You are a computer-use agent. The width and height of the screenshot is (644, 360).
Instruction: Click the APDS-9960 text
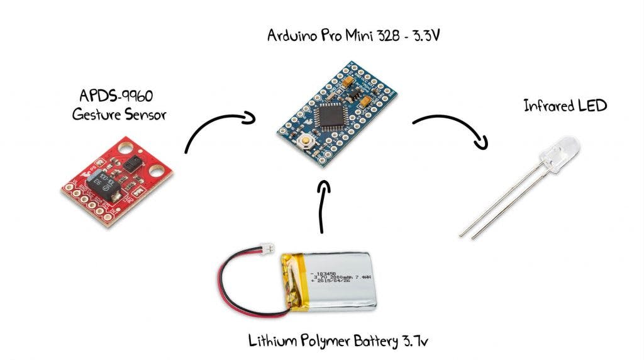coord(117,96)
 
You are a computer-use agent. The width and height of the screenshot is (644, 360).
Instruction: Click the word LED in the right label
coord(592,105)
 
